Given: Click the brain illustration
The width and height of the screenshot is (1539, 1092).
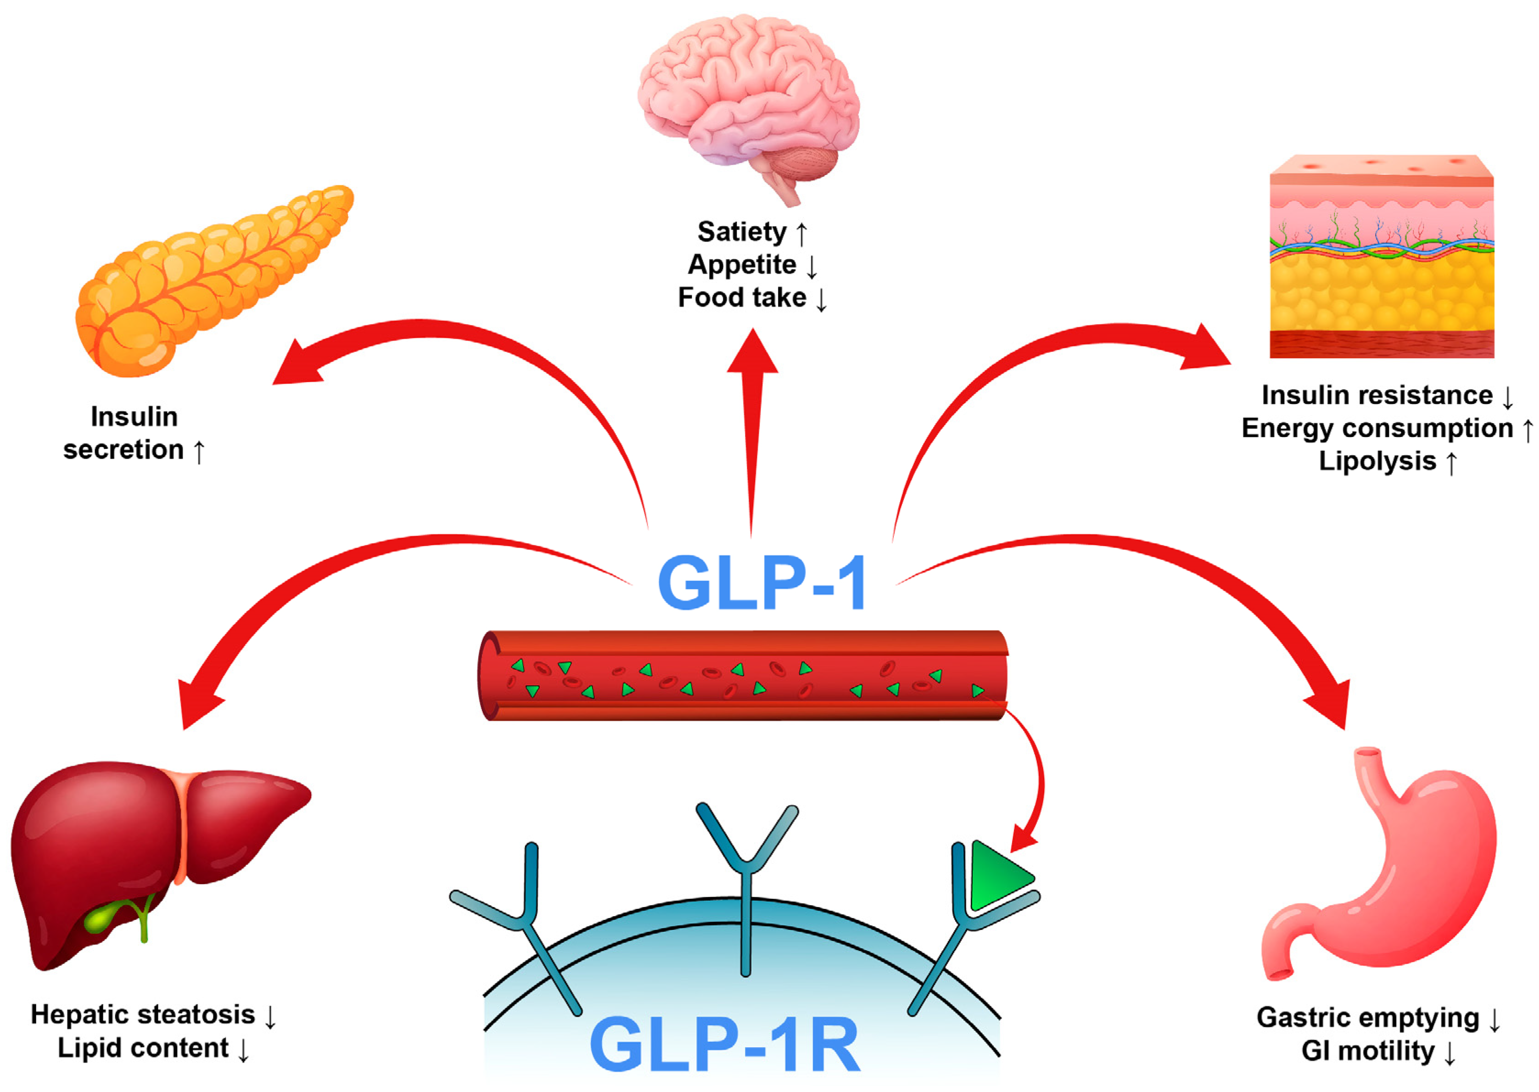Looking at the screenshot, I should pos(746,94).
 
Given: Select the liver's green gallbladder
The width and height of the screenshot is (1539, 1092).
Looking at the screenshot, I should pos(101,918).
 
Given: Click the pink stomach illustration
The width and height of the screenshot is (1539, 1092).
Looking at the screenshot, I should pos(1399,874).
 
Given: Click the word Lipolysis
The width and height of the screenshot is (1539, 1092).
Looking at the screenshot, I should pos(1377,461).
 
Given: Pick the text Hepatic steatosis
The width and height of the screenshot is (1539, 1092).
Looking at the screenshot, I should pos(143,1015).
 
